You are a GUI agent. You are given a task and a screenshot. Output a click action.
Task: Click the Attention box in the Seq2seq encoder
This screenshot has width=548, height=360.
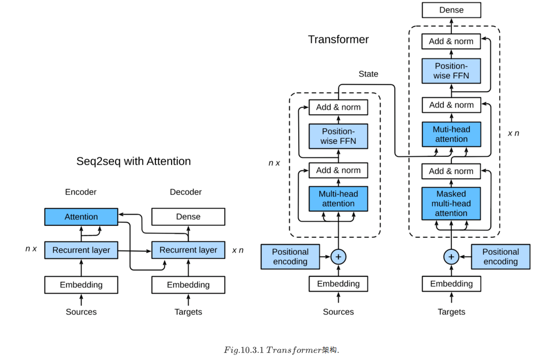[81, 217]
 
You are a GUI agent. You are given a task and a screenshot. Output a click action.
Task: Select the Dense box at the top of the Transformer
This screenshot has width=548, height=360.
[451, 10]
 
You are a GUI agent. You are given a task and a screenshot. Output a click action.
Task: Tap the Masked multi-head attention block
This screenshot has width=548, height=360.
[451, 204]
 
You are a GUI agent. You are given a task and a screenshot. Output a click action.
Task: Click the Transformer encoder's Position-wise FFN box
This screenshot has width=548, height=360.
[338, 136]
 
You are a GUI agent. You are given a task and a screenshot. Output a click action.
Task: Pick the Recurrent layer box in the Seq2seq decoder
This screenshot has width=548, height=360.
[188, 250]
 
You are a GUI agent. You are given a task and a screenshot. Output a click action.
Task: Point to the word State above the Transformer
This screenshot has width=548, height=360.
[368, 74]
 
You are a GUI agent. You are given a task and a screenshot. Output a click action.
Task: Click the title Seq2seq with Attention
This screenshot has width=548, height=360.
[134, 161]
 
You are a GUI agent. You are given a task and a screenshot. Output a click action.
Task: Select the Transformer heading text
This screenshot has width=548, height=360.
[338, 40]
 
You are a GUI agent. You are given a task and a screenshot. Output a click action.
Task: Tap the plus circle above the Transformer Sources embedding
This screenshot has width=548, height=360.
[338, 256]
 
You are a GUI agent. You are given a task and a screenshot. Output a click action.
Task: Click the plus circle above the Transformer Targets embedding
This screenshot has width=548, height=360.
[451, 256]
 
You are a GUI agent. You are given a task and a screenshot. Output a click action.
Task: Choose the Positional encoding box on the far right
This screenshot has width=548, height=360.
[500, 256]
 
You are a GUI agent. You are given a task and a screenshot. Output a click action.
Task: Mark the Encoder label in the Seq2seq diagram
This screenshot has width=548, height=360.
[81, 192]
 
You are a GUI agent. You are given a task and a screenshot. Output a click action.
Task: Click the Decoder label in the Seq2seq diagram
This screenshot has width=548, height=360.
[186, 192]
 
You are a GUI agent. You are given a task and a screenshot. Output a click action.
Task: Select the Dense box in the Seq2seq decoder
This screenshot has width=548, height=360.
[188, 217]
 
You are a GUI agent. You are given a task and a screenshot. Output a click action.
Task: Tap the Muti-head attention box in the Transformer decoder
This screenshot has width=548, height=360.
[451, 134]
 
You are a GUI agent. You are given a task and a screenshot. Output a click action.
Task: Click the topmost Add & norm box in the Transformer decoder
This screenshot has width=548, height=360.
[451, 41]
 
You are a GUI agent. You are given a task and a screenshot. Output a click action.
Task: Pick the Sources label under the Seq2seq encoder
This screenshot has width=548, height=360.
[81, 312]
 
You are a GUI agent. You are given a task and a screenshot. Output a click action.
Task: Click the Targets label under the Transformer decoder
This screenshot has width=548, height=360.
[451, 312]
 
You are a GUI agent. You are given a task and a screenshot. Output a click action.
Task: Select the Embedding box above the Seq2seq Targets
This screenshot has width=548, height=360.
[188, 285]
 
